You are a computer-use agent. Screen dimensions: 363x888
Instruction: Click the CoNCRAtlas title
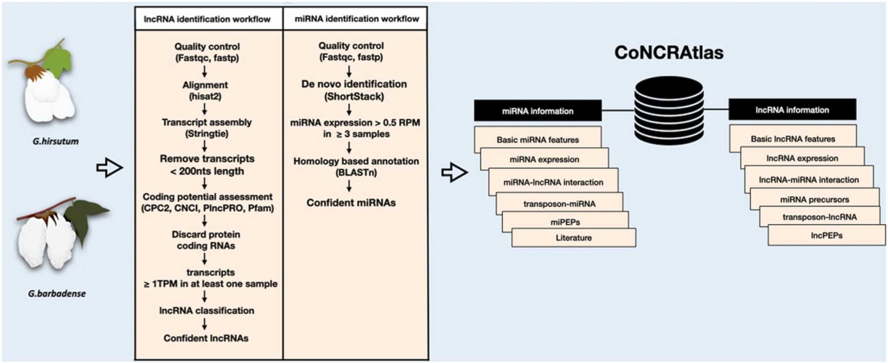point(669,53)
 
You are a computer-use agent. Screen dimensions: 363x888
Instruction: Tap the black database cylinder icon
point(669,111)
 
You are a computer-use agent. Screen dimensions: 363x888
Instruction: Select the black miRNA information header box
point(538,111)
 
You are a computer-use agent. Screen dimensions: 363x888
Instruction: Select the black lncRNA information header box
point(792,110)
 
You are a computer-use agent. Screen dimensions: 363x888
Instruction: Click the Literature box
point(573,238)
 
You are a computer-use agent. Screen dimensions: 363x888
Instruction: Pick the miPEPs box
point(565,222)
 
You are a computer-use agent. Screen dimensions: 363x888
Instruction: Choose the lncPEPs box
point(826,236)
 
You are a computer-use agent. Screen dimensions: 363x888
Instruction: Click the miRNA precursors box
point(814,200)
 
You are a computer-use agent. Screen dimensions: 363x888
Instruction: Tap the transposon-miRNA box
point(559,204)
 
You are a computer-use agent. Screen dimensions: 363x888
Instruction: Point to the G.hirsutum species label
point(55,141)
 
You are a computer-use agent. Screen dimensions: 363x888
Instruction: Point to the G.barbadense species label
point(56,294)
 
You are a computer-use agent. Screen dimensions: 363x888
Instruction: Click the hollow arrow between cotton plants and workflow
point(109,168)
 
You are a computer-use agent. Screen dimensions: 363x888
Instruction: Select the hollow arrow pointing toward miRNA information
point(454,172)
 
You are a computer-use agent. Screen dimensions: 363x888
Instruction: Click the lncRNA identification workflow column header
point(207,19)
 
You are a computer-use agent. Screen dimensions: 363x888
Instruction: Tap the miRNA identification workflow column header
point(357,19)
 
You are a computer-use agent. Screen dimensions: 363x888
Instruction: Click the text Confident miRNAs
point(351,203)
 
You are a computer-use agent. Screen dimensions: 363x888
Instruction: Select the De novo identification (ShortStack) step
point(354,90)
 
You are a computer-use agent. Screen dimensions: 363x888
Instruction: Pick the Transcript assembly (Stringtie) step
point(206,128)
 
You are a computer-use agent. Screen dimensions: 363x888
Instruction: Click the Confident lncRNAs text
point(206,338)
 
